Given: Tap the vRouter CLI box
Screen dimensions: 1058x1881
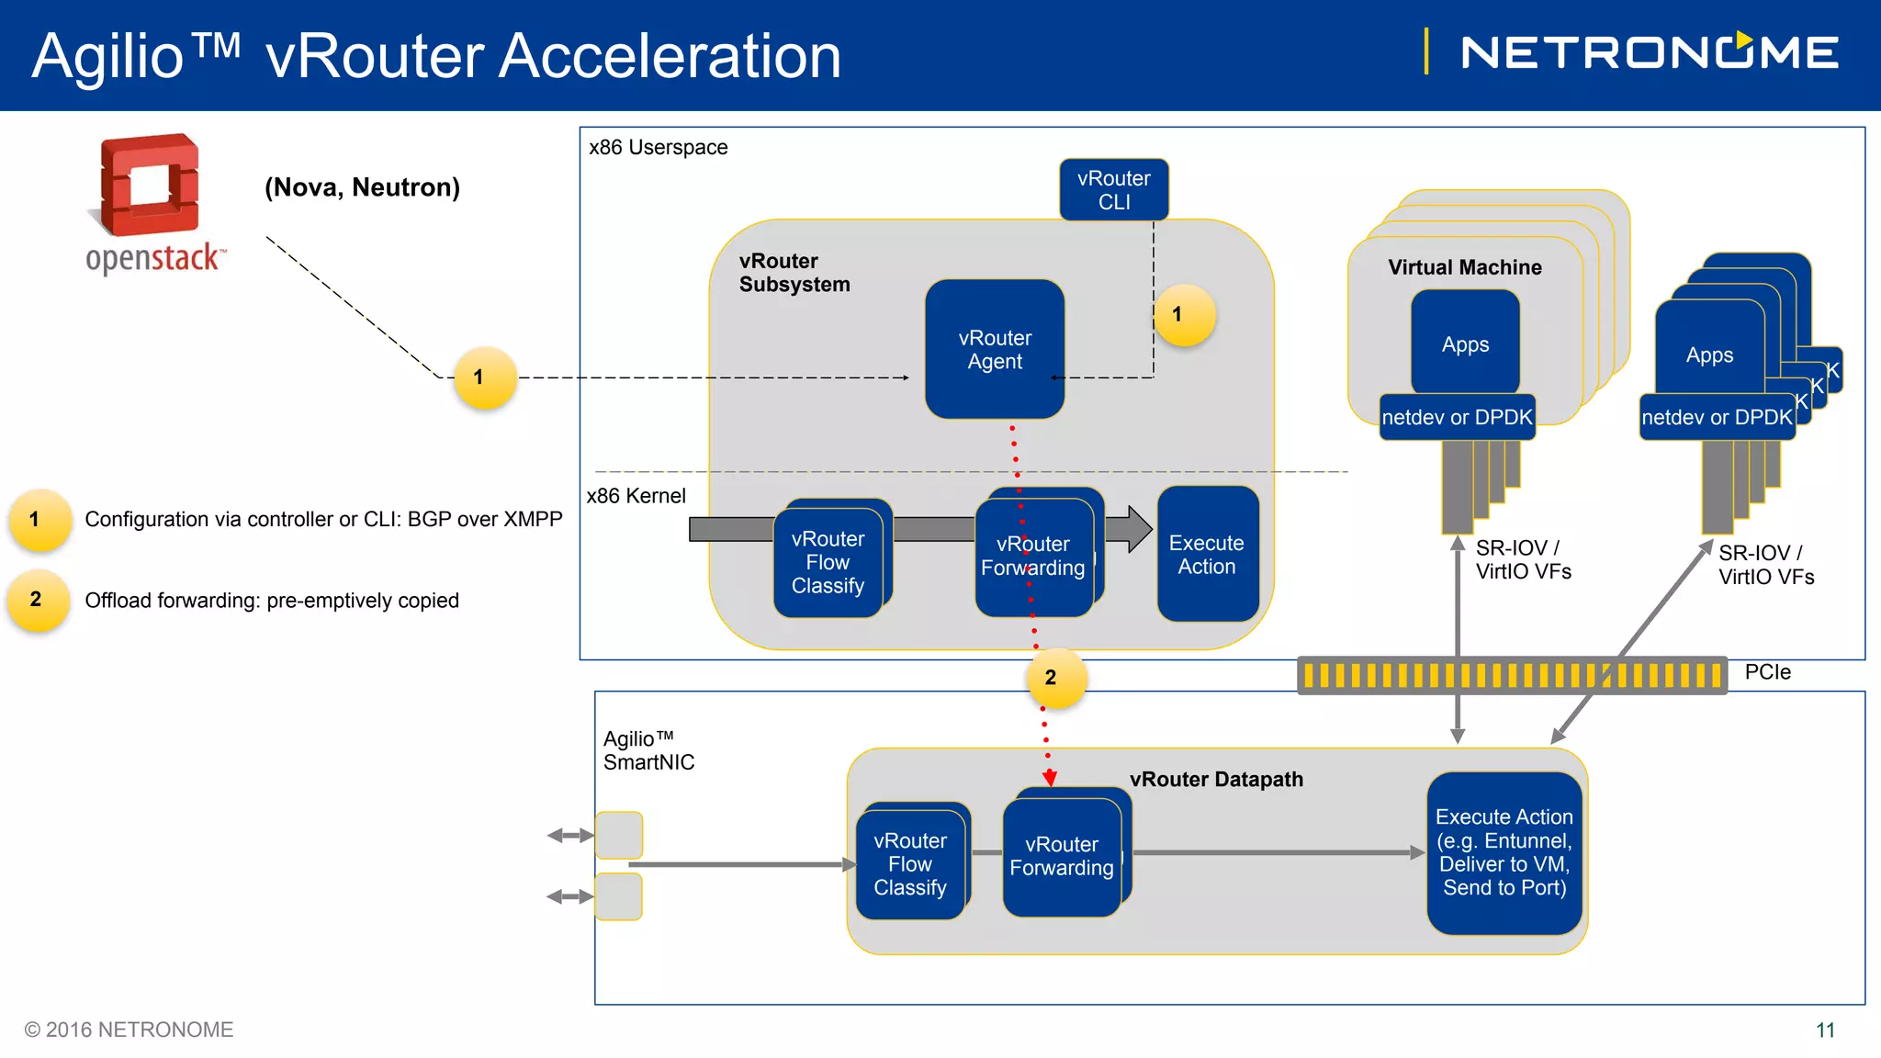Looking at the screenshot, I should pyautogui.click(x=1113, y=190).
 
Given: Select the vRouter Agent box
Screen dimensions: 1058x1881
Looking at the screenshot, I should pyautogui.click(x=995, y=350).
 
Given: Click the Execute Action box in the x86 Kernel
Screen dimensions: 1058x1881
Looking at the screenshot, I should pyautogui.click(x=1207, y=555).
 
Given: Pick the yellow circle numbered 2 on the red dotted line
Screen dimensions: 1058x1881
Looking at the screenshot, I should pyautogui.click(x=1055, y=679).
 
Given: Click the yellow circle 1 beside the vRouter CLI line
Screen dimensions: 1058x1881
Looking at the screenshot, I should pyautogui.click(x=1184, y=315).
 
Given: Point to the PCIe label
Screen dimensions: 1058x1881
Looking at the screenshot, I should pyautogui.click(x=1767, y=672).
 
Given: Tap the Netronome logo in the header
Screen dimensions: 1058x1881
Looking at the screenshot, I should pyautogui.click(x=1650, y=52).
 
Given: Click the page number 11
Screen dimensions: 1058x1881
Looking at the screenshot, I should pyautogui.click(x=1825, y=1030).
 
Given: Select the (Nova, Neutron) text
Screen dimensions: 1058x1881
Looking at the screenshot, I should pyautogui.click(x=362, y=187).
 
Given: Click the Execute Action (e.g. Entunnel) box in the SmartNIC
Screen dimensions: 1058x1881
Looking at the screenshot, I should pyautogui.click(x=1504, y=852).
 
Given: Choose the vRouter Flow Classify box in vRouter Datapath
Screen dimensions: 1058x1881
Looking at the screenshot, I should pyautogui.click(x=909, y=864).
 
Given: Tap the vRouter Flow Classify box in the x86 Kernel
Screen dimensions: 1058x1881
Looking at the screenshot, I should pyautogui.click(x=828, y=562).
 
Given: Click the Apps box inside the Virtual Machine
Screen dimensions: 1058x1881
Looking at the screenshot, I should pyautogui.click(x=1465, y=344).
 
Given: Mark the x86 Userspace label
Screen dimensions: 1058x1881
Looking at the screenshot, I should pyautogui.click(x=658, y=148).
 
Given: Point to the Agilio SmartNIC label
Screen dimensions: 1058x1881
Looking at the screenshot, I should pyautogui.click(x=648, y=750).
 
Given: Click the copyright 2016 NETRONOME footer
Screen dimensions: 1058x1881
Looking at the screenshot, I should pyautogui.click(x=129, y=1030).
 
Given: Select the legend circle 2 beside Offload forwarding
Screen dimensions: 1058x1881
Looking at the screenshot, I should pyautogui.click(x=38, y=601).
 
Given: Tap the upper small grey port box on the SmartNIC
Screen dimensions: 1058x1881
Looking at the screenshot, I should pyautogui.click(x=619, y=835).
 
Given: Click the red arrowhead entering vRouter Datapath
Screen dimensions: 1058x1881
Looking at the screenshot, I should pyautogui.click(x=1050, y=779).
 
